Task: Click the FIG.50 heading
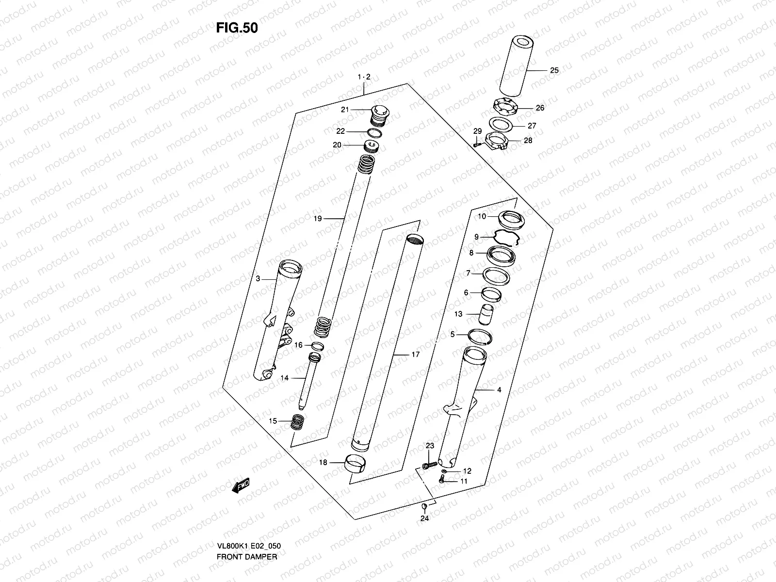pyautogui.click(x=237, y=28)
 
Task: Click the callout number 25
pyautogui.click(x=554, y=70)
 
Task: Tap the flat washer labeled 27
pyautogui.click(x=501, y=124)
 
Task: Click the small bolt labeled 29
pyautogui.click(x=478, y=144)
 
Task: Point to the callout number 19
pyautogui.click(x=318, y=219)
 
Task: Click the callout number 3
pyautogui.click(x=258, y=278)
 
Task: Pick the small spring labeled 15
pyautogui.click(x=296, y=421)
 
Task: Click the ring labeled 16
pyautogui.click(x=317, y=346)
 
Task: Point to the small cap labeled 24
pyautogui.click(x=424, y=507)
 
